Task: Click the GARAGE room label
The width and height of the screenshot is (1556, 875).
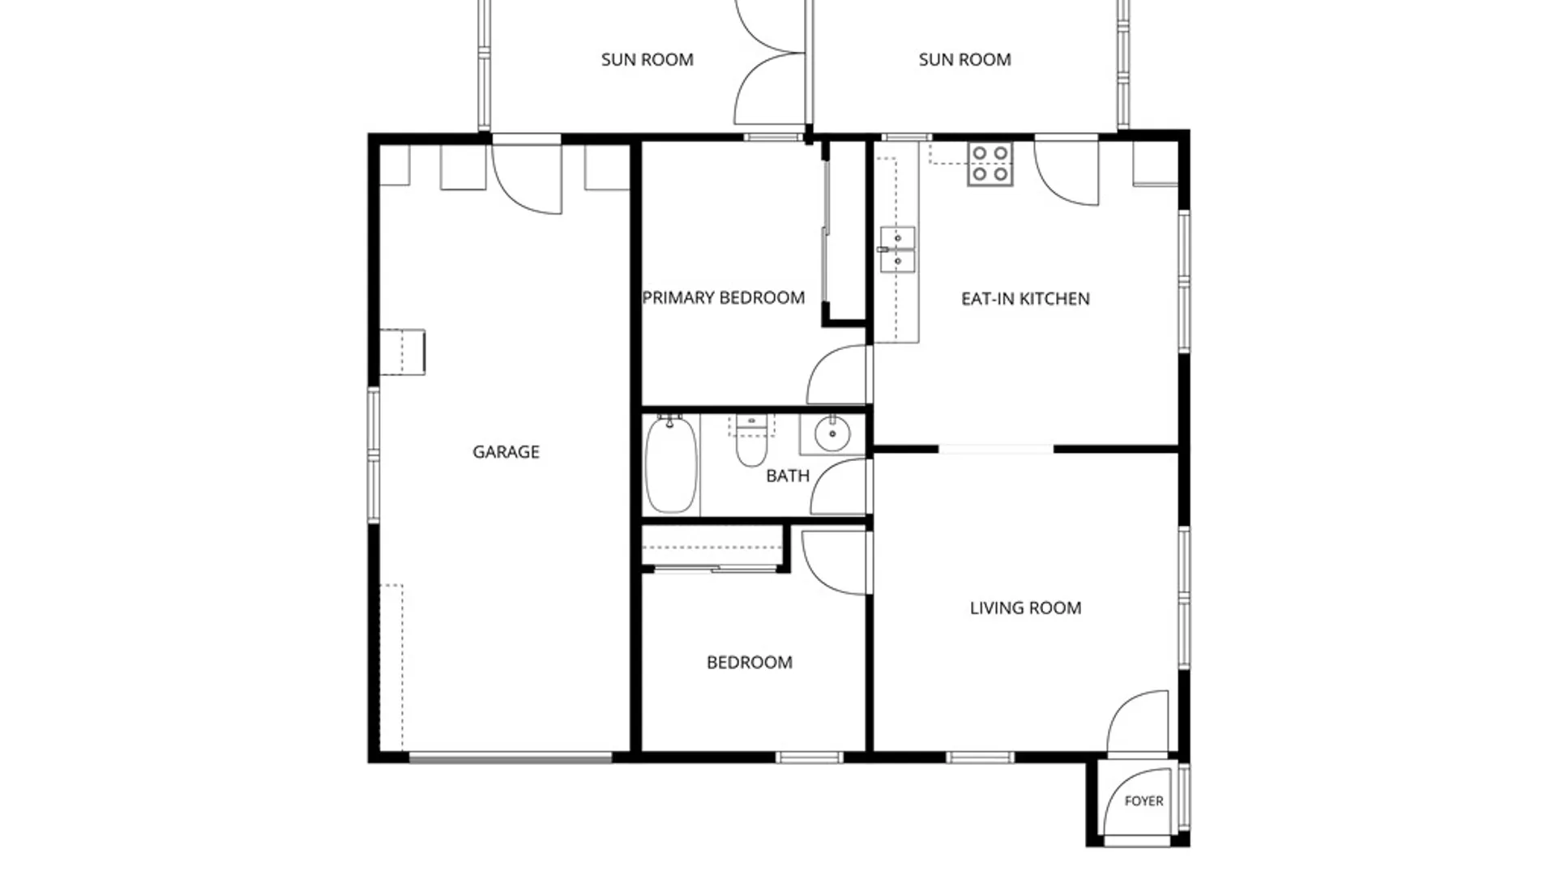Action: coord(506,452)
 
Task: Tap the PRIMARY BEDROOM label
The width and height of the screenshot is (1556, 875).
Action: coord(724,298)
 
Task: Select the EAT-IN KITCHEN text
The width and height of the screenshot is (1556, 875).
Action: coord(1025,299)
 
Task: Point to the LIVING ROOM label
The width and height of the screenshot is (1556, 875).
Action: coord(1025,608)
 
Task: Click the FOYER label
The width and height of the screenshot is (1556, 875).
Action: coord(1144,801)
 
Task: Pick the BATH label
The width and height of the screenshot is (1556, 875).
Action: coord(788,476)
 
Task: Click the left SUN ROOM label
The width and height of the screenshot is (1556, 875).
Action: coord(647,60)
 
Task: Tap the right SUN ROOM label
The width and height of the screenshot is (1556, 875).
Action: coord(964,60)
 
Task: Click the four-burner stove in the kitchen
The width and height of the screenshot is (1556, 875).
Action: coord(990,164)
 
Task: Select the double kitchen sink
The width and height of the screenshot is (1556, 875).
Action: coord(897,250)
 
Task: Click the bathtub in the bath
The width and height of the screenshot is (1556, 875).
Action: coord(671,464)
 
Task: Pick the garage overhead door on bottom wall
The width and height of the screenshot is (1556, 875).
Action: coord(510,758)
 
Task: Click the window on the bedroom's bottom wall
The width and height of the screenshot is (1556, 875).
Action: coord(809,758)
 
